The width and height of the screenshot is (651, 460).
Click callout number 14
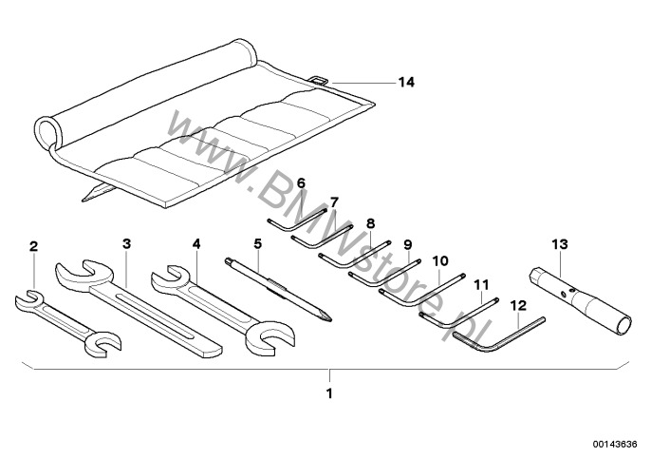click(406, 83)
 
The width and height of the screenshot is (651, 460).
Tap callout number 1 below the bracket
click(329, 391)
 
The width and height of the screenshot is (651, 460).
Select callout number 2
click(34, 246)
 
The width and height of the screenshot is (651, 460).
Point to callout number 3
click(126, 242)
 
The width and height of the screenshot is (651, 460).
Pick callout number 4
click(196, 243)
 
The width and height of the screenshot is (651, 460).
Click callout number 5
click(257, 243)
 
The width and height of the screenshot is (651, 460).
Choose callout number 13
click(561, 244)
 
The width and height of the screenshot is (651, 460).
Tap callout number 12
click(517, 305)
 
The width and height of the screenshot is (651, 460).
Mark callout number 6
click(301, 182)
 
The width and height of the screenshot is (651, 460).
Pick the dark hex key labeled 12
click(498, 334)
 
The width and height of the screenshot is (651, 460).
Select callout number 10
click(440, 259)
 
